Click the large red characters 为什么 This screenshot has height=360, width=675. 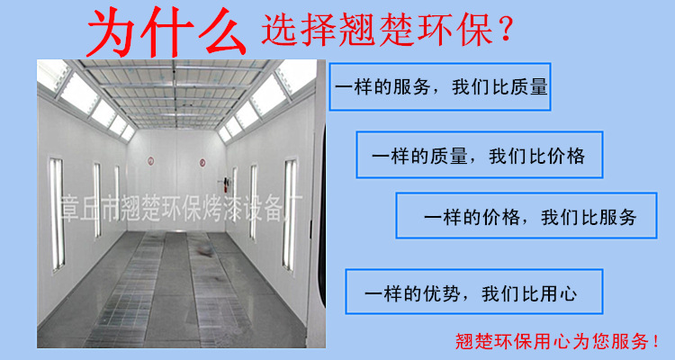[x=166, y=32]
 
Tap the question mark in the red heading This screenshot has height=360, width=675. [x=506, y=28]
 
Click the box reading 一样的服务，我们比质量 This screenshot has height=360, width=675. [x=440, y=86]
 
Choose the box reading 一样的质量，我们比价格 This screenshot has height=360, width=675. [x=480, y=155]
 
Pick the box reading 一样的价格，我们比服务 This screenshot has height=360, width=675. [x=526, y=215]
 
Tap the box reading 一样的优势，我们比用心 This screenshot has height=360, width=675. [x=474, y=292]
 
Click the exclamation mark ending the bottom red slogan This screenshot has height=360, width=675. [x=655, y=342]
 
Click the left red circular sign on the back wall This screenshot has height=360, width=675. [x=150, y=161]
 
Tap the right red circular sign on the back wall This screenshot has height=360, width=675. [x=202, y=163]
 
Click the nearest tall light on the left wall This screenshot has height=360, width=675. [x=57, y=214]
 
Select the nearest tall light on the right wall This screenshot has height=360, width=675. [x=290, y=215]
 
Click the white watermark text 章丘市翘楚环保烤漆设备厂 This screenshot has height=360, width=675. [x=182, y=209]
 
